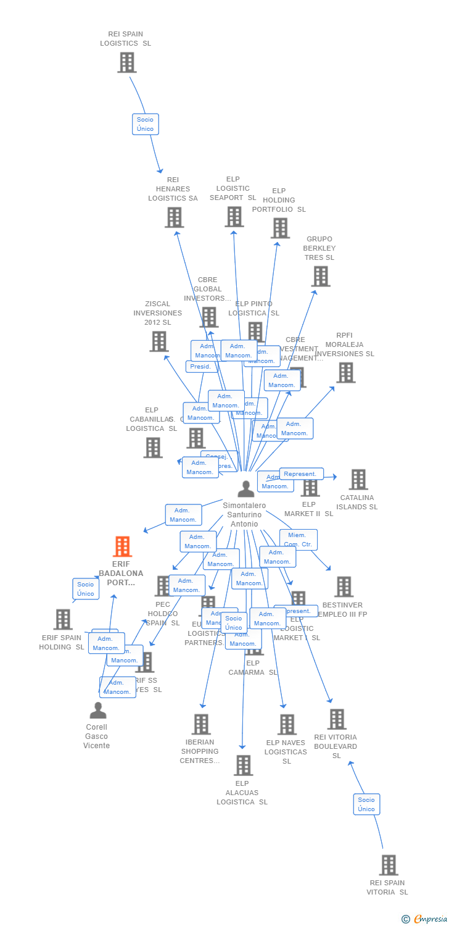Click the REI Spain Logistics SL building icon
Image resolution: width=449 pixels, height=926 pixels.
pos(126,62)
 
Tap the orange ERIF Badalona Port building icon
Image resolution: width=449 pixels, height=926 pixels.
pos(122,546)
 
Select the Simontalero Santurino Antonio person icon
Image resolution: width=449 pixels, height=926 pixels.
pos(245,489)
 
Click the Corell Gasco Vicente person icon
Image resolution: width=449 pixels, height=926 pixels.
pos(97,711)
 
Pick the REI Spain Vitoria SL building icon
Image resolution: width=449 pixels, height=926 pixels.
pos(388,865)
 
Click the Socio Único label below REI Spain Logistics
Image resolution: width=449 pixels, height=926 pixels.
pos(146,124)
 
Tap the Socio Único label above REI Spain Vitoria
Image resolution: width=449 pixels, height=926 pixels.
pos(366,804)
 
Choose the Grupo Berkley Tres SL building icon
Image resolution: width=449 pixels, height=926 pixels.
pos(320,276)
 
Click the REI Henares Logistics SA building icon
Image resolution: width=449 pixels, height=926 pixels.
pos(174,217)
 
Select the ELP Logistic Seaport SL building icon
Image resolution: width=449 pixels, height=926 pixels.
pos(234,217)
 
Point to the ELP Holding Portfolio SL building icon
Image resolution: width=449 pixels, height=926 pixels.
pos(280,228)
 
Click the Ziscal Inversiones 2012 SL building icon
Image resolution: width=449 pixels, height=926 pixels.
pos(159,341)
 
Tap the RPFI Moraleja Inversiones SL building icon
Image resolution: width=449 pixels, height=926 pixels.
pos(345,372)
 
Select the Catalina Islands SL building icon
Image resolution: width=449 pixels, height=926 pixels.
pos(358,479)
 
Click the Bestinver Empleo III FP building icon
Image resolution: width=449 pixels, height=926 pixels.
pos(344,586)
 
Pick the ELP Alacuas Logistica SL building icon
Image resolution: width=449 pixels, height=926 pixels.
pos(243,765)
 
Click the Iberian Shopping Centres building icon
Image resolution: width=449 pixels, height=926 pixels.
pos(200,724)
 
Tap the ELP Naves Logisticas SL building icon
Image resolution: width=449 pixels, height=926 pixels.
pos(287,724)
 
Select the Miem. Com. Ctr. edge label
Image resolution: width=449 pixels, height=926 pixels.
pos(299,540)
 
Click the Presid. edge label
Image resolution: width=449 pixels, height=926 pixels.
pos(200,367)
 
